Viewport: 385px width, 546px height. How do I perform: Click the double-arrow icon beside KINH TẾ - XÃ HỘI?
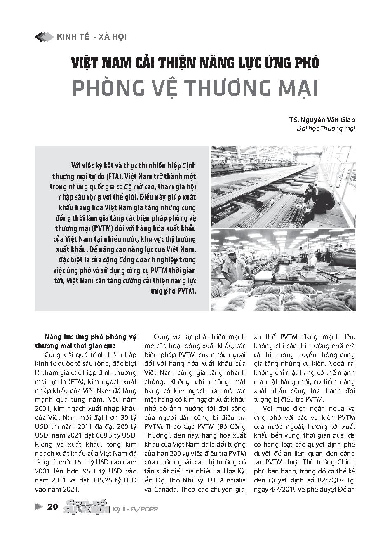[x=44, y=37]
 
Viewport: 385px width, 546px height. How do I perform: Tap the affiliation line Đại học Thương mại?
[x=326, y=129]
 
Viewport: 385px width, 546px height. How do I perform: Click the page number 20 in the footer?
[x=52, y=507]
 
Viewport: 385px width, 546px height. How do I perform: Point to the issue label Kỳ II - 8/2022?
[x=136, y=509]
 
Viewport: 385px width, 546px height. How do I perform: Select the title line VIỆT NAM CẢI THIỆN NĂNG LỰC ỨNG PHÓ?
[x=195, y=63]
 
